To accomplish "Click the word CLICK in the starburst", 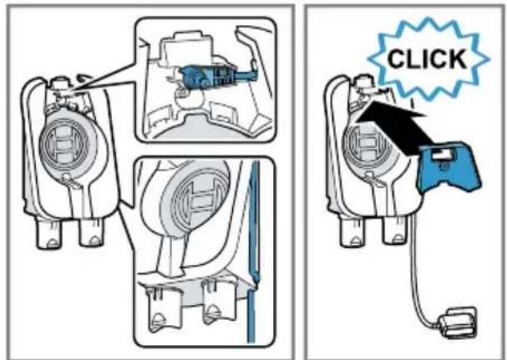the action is pyautogui.click(x=427, y=58).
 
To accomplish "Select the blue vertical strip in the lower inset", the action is pyautogui.click(x=253, y=252).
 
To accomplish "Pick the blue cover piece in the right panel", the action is pyautogui.click(x=449, y=168).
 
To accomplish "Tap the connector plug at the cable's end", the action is pyautogui.click(x=457, y=322).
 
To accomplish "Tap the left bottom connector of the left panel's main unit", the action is pyautogui.click(x=48, y=234).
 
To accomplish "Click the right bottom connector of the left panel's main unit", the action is pyautogui.click(x=90, y=232).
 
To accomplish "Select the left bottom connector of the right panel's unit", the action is pyautogui.click(x=352, y=232).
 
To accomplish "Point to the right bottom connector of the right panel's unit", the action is pyautogui.click(x=393, y=231).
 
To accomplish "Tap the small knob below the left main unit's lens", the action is pyautogui.click(x=66, y=176).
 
